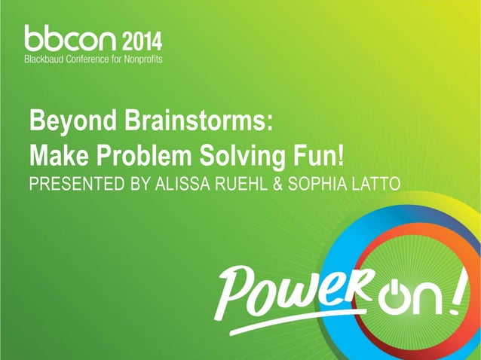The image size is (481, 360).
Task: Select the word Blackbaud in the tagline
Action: click(x=47, y=57)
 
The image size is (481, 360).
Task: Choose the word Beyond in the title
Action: click(x=63, y=121)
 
